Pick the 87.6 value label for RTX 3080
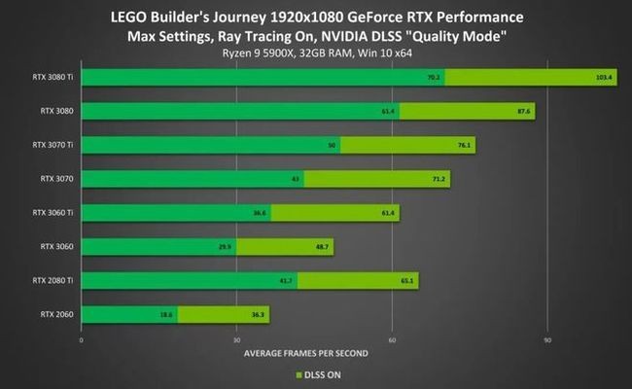524,111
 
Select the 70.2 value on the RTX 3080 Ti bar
434,77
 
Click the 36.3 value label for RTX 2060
259,314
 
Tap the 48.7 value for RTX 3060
323,247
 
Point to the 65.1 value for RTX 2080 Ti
406,281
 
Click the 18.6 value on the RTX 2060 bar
166,314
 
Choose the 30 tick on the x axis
236,340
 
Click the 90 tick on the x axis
547,340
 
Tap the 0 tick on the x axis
82,340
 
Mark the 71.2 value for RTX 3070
439,179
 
